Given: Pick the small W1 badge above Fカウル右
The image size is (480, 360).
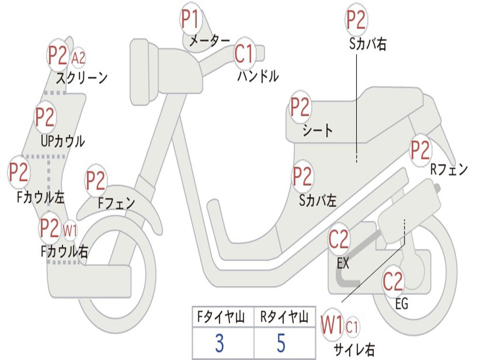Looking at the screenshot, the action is point(70,230).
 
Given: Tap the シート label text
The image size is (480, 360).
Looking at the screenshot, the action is point(317,131).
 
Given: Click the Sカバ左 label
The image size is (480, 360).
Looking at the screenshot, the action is point(318,201).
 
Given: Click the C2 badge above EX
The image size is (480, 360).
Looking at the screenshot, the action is point(338,240).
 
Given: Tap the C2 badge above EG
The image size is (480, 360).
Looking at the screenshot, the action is point(393,282).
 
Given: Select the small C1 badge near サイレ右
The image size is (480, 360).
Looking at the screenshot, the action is point(352,327).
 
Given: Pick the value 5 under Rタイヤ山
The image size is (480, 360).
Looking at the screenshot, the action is point(281,343).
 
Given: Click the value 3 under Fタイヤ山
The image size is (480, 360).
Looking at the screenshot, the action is point(219,343).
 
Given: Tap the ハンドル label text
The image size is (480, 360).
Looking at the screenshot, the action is point(258,76).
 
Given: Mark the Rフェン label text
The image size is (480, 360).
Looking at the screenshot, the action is point(449,170).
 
